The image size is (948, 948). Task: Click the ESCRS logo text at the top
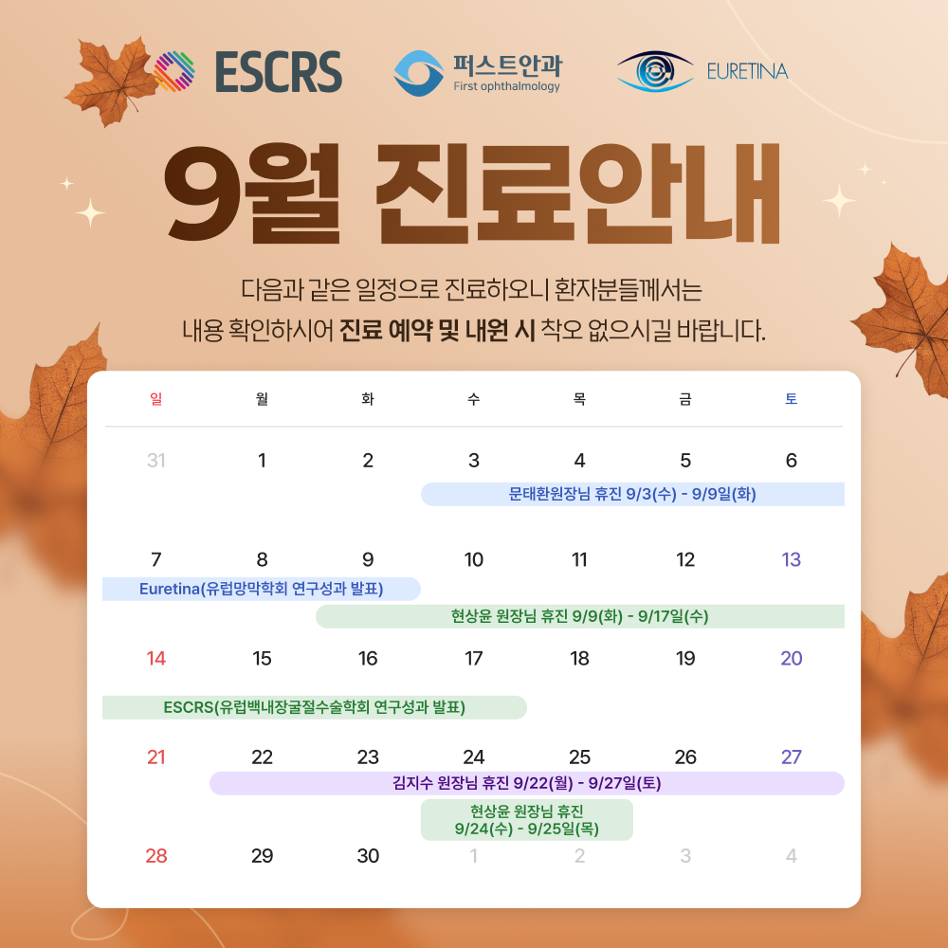point(279,71)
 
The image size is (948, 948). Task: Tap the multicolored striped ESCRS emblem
point(174,71)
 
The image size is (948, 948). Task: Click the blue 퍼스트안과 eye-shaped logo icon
point(418,73)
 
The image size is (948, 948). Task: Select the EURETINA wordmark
point(747,71)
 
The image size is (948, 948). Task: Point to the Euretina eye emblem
point(655,71)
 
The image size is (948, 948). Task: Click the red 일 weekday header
point(156,398)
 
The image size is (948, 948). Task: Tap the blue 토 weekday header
point(791,398)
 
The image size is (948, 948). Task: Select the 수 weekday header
point(473,398)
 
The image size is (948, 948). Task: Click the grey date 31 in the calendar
point(156,461)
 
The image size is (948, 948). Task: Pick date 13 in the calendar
point(791,559)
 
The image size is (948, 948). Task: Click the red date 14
point(156,659)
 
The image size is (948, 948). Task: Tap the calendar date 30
point(368,856)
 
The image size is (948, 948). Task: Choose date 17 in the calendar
point(473,659)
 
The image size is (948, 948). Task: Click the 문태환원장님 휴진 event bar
point(632,494)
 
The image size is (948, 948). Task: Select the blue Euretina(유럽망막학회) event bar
point(262,589)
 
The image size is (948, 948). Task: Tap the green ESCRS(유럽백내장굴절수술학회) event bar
point(315,707)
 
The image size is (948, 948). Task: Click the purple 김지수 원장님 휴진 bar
point(526,784)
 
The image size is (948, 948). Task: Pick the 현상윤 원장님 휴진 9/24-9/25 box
point(526,820)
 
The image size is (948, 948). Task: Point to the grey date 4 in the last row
point(791,856)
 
